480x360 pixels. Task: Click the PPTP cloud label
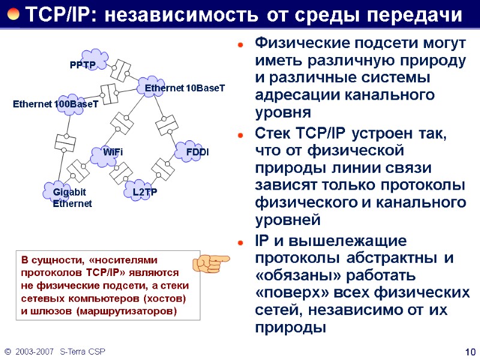83,64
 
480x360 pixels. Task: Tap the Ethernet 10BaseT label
185,88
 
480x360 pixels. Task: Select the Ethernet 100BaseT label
56,104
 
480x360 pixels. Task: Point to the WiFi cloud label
113,152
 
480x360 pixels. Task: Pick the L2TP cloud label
145,191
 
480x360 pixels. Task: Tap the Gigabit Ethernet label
71,197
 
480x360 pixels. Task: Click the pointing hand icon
211,263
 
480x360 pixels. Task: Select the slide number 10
470,351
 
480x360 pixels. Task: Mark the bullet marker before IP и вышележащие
240,242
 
